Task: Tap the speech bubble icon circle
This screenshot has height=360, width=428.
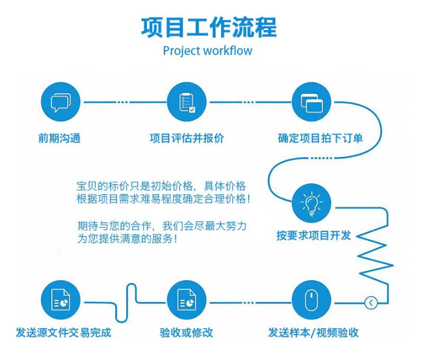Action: (x=61, y=102)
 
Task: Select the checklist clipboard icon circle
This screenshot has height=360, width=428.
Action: (x=187, y=102)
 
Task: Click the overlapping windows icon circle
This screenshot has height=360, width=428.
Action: (x=311, y=102)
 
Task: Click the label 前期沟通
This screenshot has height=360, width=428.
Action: (x=60, y=139)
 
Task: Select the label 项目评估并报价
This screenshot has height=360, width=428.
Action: (x=187, y=139)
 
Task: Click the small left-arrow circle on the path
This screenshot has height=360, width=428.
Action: (x=371, y=303)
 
